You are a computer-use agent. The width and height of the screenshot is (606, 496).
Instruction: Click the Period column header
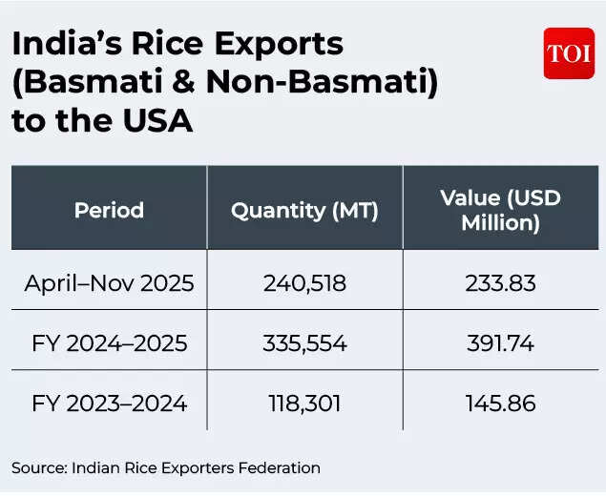click(x=109, y=210)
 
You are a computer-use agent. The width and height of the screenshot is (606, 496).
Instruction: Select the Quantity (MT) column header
click(x=304, y=210)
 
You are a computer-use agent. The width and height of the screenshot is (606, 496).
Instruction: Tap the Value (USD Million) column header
click(x=500, y=210)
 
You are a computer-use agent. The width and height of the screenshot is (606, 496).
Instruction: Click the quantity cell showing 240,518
click(x=304, y=283)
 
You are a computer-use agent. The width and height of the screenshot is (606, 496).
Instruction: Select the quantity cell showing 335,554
click(x=304, y=343)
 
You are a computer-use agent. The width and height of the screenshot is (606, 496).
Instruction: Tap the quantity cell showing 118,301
click(x=304, y=403)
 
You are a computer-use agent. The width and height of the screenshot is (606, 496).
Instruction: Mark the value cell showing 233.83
click(x=500, y=283)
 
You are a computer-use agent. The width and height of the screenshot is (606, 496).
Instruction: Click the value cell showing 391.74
click(x=500, y=343)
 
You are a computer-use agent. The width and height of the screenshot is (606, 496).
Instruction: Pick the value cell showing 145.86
click(x=500, y=403)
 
